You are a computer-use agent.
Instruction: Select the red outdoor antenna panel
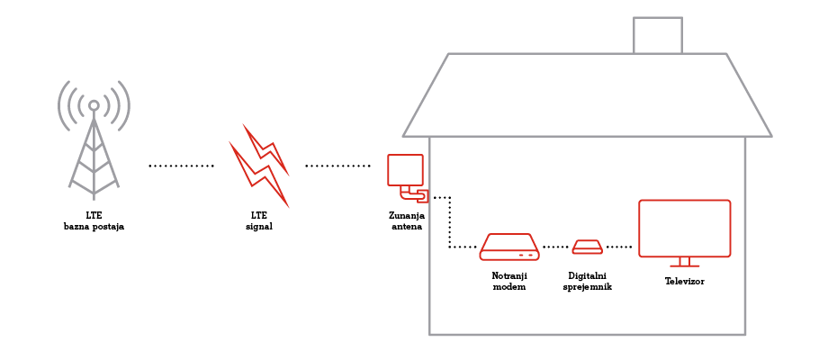pyautogui.click(x=404, y=169)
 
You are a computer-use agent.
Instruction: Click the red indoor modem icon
pyautogui.click(x=509, y=247)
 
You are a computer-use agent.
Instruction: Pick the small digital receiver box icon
pyautogui.click(x=588, y=247)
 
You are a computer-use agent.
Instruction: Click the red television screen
pyautogui.click(x=684, y=228)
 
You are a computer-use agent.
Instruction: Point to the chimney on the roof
pyautogui.click(x=658, y=35)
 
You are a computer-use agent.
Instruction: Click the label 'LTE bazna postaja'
pyautogui.click(x=94, y=220)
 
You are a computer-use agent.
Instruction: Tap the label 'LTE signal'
pyautogui.click(x=258, y=220)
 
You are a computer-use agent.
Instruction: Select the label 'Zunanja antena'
pyautogui.click(x=408, y=220)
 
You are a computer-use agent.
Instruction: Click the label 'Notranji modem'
pyautogui.click(x=509, y=280)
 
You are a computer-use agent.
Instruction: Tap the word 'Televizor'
pyautogui.click(x=684, y=281)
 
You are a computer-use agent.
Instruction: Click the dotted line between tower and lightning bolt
pyautogui.click(x=181, y=166)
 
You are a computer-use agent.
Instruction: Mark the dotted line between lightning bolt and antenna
pyautogui.click(x=337, y=166)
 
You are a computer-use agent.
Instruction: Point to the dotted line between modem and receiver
pyautogui.click(x=555, y=246)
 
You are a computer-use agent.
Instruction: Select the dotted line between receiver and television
pyautogui.click(x=619, y=246)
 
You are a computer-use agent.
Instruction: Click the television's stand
pyautogui.click(x=684, y=262)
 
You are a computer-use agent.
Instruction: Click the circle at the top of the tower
pyautogui.click(x=94, y=105)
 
